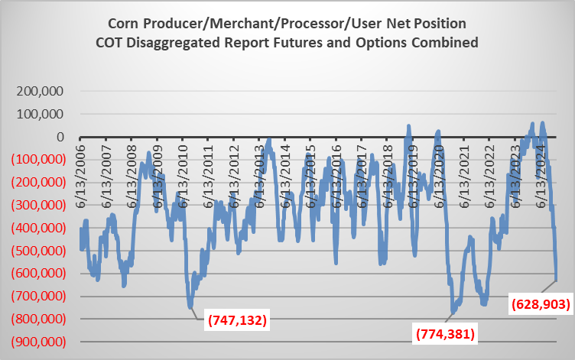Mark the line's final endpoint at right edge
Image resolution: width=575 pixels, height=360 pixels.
[557, 280]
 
